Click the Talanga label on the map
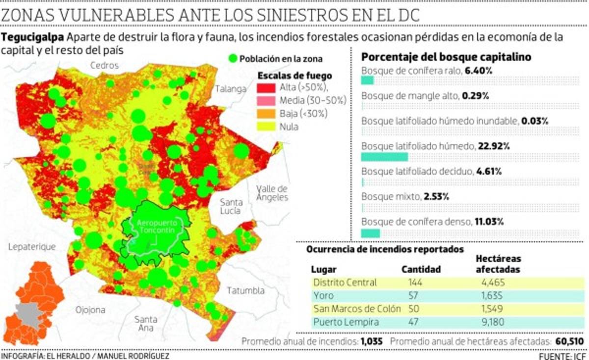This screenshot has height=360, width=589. (230, 89)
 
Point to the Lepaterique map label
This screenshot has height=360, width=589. (32, 247)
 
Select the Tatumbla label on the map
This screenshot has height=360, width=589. (245, 290)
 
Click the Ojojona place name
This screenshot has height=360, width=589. (90, 309)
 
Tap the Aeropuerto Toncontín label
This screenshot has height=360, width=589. (156, 226)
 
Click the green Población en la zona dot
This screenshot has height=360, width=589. (233, 59)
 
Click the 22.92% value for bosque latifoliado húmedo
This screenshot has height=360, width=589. (494, 146)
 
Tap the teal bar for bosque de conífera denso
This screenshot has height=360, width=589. (371, 233)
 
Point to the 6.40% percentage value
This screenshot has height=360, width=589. (479, 71)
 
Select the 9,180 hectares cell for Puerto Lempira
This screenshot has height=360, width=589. (493, 322)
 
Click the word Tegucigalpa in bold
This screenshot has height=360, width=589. (33, 37)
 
